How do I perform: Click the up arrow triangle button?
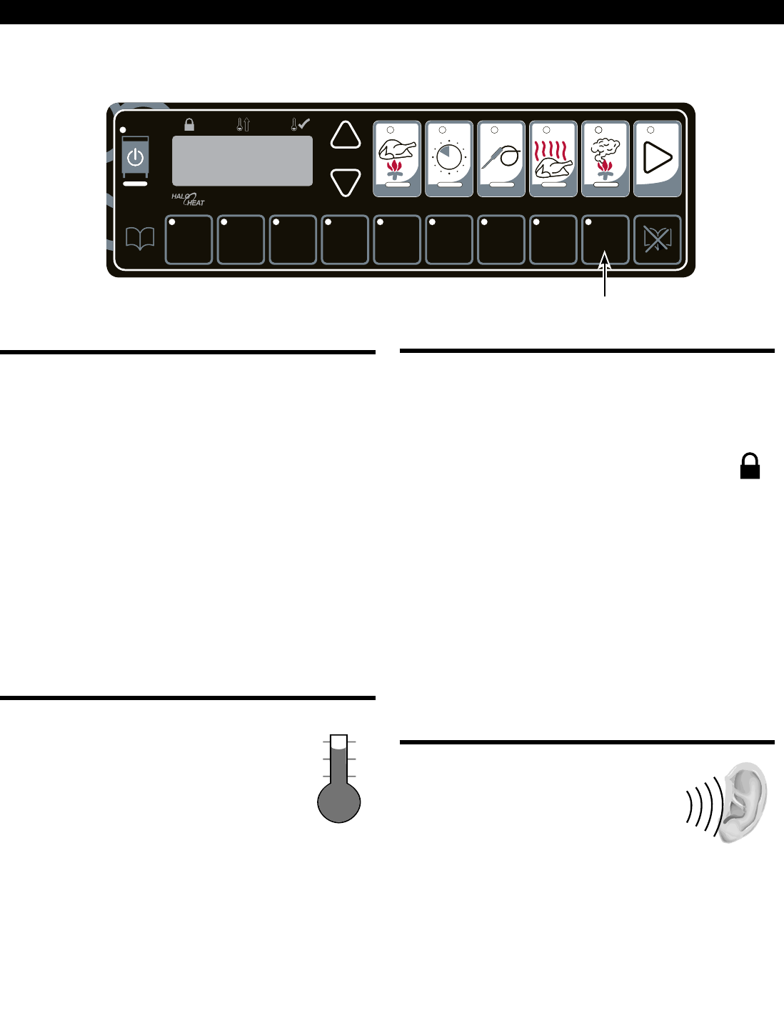[346, 136]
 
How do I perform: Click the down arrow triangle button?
[346, 182]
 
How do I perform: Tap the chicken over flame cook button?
[397, 159]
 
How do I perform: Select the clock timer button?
[449, 159]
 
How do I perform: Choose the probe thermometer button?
[501, 159]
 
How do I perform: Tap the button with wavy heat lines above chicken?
[553, 159]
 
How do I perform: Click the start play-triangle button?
[658, 159]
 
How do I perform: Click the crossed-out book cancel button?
[658, 239]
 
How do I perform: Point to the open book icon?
[140, 239]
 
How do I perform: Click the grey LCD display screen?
[242, 161]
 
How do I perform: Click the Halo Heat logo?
[189, 199]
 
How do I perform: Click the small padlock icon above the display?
[189, 124]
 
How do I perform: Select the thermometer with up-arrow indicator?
[243, 124]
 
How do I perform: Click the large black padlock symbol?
[750, 466]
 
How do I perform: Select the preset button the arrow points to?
[605, 239]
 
